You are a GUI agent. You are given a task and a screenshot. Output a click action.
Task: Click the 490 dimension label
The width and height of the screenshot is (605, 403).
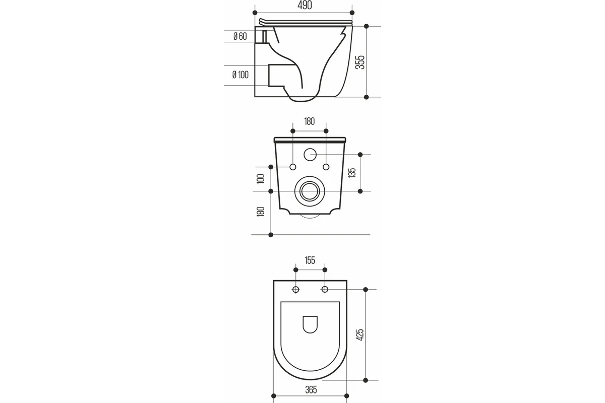(305, 5)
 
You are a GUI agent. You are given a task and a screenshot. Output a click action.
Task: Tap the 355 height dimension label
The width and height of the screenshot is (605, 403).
(360, 62)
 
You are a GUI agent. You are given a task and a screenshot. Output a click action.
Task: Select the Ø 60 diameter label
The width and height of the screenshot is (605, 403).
(240, 36)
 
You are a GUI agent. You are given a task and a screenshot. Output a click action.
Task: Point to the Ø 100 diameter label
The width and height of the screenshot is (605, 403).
(240, 75)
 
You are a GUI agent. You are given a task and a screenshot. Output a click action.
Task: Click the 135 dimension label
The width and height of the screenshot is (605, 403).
(352, 173)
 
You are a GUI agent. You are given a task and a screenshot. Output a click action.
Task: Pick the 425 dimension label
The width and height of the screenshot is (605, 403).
(360, 334)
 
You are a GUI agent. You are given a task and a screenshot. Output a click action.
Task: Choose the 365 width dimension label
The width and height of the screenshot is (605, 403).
(311, 390)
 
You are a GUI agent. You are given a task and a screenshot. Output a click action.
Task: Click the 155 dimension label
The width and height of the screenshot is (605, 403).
(310, 260)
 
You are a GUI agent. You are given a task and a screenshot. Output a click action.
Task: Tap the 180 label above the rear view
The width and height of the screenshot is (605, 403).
(310, 121)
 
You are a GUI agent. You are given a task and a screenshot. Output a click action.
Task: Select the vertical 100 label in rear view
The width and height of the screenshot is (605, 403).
(261, 179)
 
